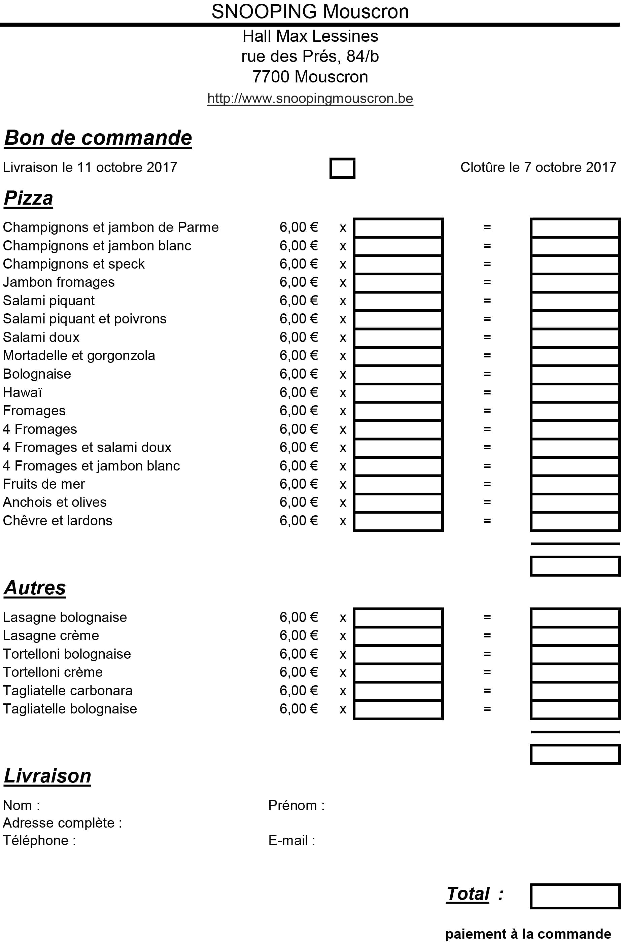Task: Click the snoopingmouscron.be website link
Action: click(310, 98)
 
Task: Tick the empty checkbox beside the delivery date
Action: click(342, 168)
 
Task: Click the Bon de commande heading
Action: click(98, 138)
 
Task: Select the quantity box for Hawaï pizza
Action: click(398, 393)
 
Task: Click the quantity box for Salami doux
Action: click(398, 338)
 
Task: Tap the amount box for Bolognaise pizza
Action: click(575, 375)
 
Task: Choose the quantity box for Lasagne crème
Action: click(398, 636)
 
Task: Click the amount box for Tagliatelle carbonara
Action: click(575, 691)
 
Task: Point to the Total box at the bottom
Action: click(575, 897)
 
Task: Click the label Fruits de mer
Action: click(44, 484)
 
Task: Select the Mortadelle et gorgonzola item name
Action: click(79, 356)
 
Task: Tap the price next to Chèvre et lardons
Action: click(298, 521)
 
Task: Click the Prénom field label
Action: click(296, 805)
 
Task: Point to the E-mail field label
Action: click(291, 840)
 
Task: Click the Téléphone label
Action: click(39, 840)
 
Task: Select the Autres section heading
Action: click(35, 588)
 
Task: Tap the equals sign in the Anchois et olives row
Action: click(487, 502)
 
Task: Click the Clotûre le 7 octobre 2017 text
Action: click(538, 167)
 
